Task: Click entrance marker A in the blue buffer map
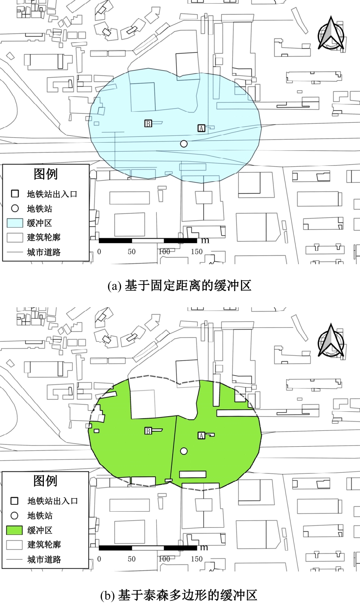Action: tap(201, 128)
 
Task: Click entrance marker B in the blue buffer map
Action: tap(148, 124)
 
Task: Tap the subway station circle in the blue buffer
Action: tap(184, 143)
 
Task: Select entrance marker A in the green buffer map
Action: tap(201, 436)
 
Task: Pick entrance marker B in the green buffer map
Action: tap(148, 431)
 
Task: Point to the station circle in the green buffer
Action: tap(184, 451)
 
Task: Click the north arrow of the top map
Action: tap(331, 34)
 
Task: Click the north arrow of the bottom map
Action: tap(331, 341)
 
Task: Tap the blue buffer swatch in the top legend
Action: tap(15, 223)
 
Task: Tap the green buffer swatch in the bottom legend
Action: tap(14, 530)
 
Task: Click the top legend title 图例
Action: tap(46, 174)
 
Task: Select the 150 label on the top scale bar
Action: tap(197, 252)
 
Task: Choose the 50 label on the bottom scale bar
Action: tap(132, 559)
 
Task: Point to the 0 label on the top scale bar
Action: tap(99, 252)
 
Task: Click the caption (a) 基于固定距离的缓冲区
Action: tap(180, 286)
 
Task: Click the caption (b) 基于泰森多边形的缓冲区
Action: tap(179, 595)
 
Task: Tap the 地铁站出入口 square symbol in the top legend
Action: tap(15, 194)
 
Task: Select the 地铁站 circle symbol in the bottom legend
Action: tap(14, 516)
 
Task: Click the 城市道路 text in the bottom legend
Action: tap(44, 560)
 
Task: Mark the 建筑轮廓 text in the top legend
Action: tap(44, 237)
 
